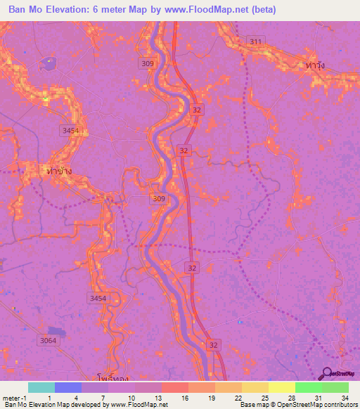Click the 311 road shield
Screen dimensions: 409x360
click(x=255, y=42)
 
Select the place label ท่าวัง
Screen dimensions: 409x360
click(x=321, y=64)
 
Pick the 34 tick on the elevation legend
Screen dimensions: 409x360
click(x=344, y=397)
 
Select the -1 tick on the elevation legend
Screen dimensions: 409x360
click(x=25, y=397)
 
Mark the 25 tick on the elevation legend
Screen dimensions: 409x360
click(x=264, y=397)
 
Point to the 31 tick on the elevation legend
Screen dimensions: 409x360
click(x=317, y=397)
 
